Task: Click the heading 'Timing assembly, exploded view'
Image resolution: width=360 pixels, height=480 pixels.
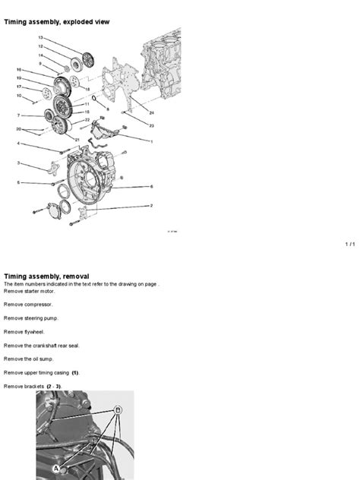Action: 57,22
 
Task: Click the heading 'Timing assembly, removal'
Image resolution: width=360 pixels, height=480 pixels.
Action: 47,276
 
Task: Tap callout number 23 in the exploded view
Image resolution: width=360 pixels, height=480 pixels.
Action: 151,125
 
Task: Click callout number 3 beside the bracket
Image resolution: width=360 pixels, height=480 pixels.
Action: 19,163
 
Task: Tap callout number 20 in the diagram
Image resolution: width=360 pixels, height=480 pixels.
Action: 19,128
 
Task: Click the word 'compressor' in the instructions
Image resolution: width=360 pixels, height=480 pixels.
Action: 44,304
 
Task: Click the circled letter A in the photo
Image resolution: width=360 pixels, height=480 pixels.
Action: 55,469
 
